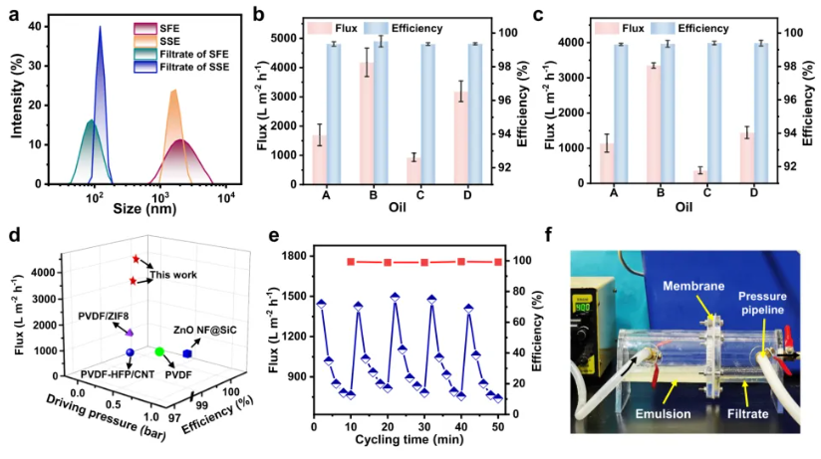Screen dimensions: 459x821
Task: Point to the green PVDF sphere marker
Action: pos(158,351)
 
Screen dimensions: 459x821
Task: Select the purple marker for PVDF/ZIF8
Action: pos(129,332)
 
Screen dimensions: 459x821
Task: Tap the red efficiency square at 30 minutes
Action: pos(424,262)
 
